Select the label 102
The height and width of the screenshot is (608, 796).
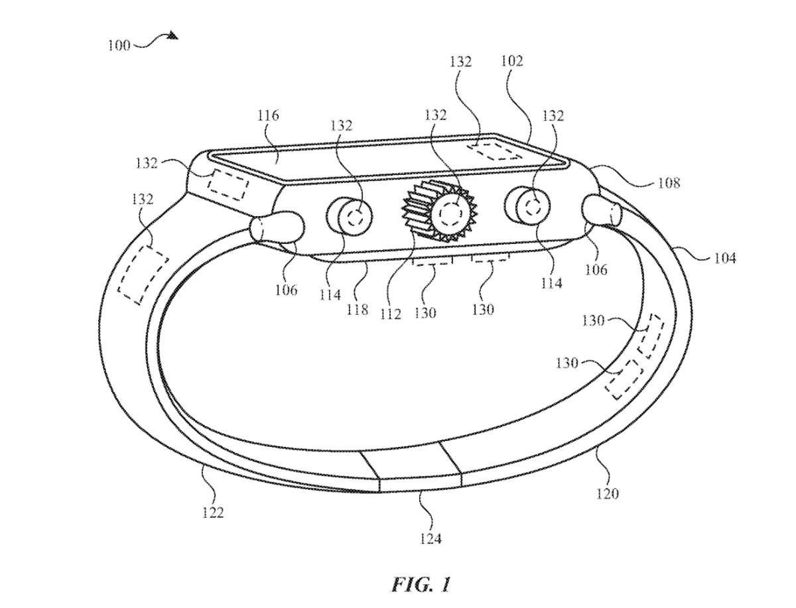tap(512, 62)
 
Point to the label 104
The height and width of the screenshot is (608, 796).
tap(724, 258)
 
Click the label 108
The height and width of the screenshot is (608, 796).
tap(668, 184)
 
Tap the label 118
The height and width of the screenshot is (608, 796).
tap(357, 309)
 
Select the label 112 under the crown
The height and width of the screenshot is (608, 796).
tap(391, 314)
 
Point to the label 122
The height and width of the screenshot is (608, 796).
tap(214, 512)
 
